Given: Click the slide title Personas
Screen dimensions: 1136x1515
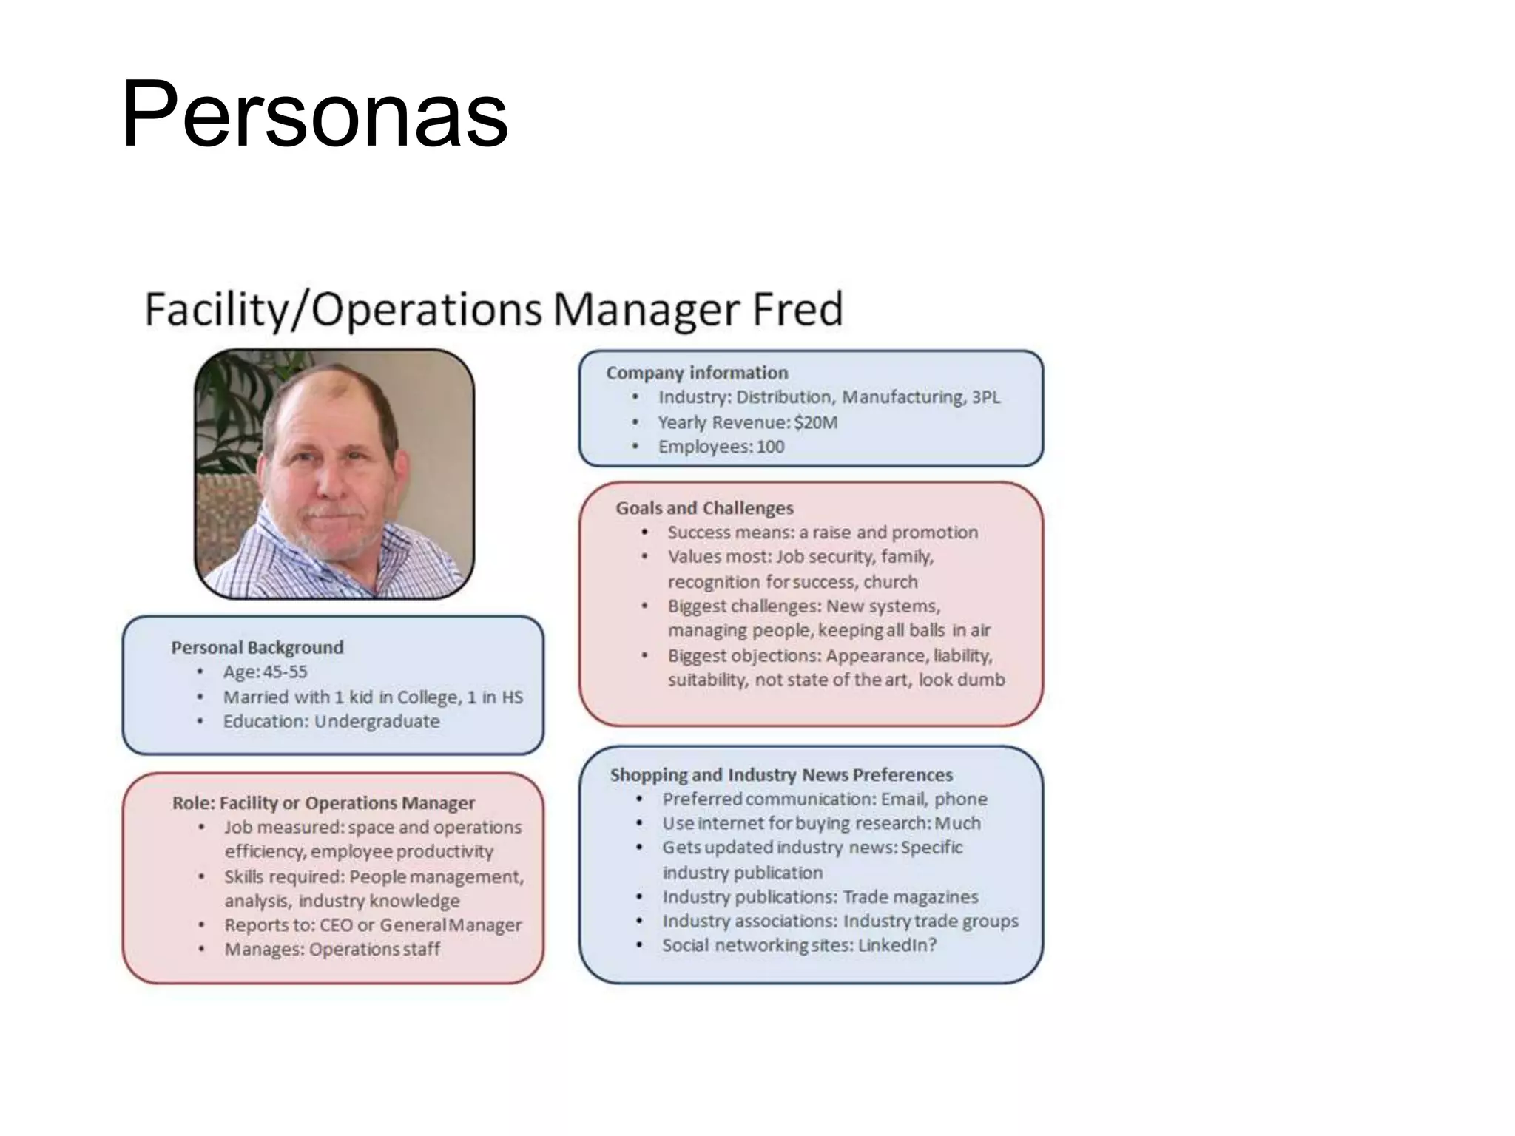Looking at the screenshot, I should point(314,115).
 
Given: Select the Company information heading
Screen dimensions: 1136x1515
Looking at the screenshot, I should point(697,373).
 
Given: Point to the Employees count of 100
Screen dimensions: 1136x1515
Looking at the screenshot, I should point(770,447).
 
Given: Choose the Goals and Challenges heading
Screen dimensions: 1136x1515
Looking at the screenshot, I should point(704,508).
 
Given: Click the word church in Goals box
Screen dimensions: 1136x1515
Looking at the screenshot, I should point(891,581).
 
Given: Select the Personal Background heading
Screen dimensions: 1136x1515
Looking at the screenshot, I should point(257,648).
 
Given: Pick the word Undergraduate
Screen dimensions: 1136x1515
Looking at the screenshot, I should point(377,721).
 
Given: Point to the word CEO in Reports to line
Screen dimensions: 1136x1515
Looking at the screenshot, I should point(336,925).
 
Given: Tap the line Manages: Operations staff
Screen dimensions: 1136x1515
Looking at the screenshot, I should point(332,949).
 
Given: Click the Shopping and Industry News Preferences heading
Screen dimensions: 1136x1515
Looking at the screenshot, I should point(781,775).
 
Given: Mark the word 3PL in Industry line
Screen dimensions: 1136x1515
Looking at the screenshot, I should point(985,397).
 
